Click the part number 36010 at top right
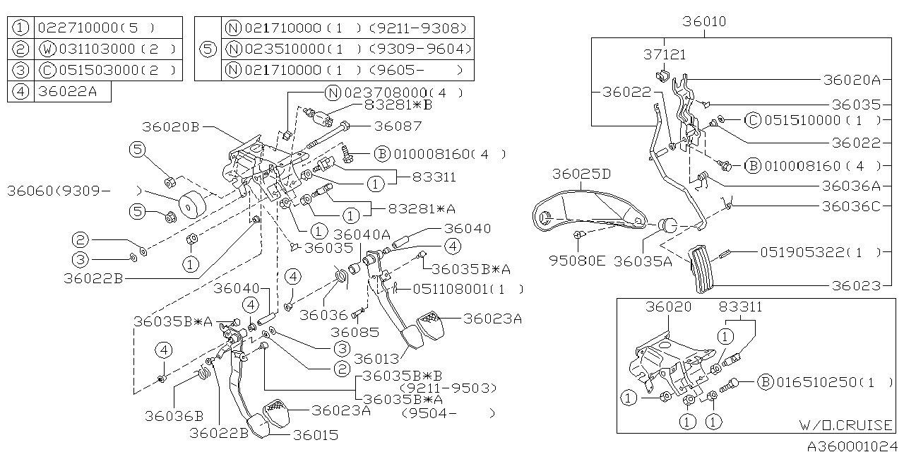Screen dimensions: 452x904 click(x=704, y=23)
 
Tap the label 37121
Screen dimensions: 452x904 click(x=664, y=54)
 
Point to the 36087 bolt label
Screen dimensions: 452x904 click(x=398, y=126)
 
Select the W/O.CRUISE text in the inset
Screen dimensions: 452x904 click(x=846, y=425)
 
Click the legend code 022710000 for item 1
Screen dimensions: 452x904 click(x=75, y=29)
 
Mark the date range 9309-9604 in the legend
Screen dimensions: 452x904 click(x=431, y=49)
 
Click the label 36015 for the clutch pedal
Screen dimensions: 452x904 click(x=316, y=436)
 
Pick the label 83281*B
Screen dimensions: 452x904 click(x=398, y=105)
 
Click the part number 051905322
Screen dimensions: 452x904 click(x=802, y=251)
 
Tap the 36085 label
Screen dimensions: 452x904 click(x=354, y=332)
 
